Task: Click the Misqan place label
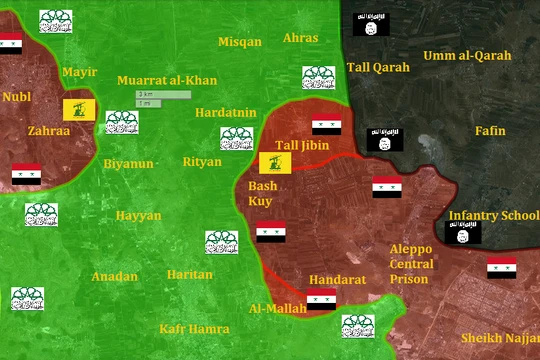(x=240, y=42)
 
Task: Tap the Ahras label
(x=301, y=38)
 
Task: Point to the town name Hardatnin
(x=226, y=112)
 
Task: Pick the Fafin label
(x=490, y=131)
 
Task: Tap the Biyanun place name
(x=129, y=163)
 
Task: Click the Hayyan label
(x=138, y=215)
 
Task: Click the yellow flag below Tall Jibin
(x=275, y=164)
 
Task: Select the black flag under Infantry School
(x=463, y=234)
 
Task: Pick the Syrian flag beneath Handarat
(x=321, y=299)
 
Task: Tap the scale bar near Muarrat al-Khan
(x=164, y=98)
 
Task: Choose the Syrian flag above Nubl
(x=10, y=42)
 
